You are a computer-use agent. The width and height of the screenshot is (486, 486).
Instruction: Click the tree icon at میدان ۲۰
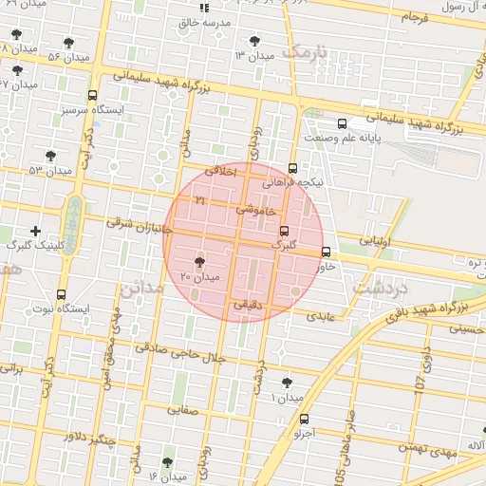coord(199,262)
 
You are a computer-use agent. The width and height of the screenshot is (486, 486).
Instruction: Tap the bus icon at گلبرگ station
coord(284,231)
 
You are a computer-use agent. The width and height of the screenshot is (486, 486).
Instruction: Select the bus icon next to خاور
coord(327,252)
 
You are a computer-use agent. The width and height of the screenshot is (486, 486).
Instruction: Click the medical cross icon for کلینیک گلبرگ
coord(35,231)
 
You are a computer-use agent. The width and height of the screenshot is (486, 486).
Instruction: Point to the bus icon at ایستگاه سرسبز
coord(92,95)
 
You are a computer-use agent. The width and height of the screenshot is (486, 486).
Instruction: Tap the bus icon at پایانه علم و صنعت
coord(342,122)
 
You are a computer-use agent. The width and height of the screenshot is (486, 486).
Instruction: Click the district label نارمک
coord(309,51)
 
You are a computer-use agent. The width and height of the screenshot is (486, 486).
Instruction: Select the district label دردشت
coord(379,285)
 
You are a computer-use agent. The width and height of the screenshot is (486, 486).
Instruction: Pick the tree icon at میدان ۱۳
coord(254,40)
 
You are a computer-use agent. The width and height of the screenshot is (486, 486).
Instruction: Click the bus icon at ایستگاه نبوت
coord(62,294)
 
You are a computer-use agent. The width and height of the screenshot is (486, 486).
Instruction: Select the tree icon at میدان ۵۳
coord(50,156)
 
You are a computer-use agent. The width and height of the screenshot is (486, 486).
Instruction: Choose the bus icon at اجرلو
coord(304,419)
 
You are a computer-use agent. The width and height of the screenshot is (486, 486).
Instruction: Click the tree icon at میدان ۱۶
coord(167,462)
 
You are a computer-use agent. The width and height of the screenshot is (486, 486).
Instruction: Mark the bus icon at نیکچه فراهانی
coord(291,167)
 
